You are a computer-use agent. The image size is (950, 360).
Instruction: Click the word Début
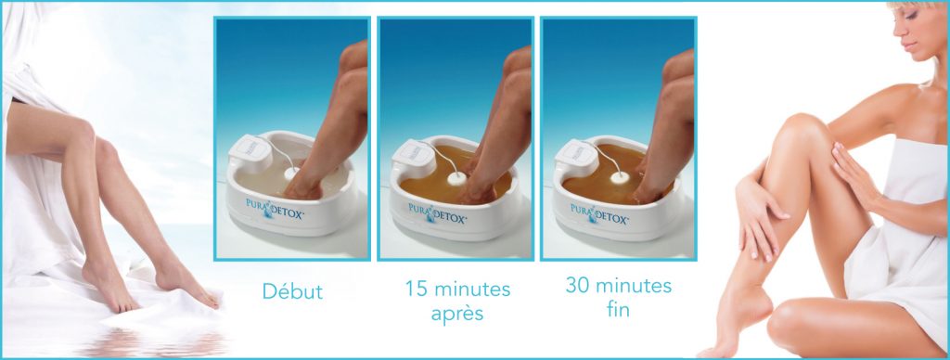point(292,291)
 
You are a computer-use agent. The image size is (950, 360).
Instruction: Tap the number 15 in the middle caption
point(416,289)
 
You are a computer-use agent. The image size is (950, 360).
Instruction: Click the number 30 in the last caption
point(578,285)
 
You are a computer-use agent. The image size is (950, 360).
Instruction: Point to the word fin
point(618,309)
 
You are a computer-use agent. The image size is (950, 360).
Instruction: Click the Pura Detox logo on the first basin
point(275,208)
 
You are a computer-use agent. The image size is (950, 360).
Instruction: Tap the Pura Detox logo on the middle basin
point(437,212)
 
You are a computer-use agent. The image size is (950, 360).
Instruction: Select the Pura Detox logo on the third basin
point(598,214)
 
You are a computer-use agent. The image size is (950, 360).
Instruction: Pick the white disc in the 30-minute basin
point(619,177)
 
